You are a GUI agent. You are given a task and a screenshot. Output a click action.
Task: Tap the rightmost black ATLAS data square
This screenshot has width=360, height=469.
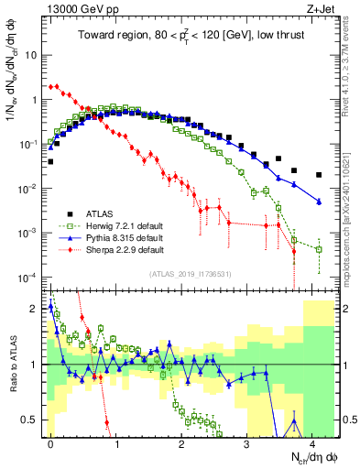(x=319, y=175)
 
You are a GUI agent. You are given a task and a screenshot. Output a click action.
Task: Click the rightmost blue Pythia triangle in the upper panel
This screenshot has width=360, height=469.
(x=319, y=202)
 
